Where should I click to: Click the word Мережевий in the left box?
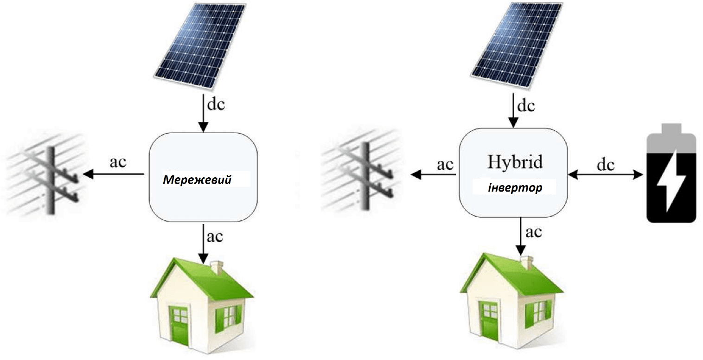[197, 180]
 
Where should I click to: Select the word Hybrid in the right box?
[515, 162]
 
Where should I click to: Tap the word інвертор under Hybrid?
[515, 188]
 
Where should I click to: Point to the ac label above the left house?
[215, 236]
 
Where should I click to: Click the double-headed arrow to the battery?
[606, 175]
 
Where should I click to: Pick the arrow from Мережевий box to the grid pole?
[114, 174]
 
